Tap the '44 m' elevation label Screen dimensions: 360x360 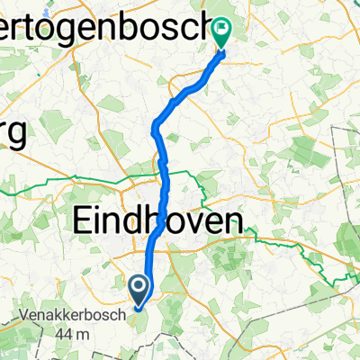[73, 335]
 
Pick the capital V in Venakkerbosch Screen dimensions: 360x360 [24, 318]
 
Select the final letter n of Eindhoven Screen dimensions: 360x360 [232, 221]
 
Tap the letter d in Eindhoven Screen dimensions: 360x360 [148, 221]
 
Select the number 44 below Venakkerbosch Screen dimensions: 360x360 [66, 335]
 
